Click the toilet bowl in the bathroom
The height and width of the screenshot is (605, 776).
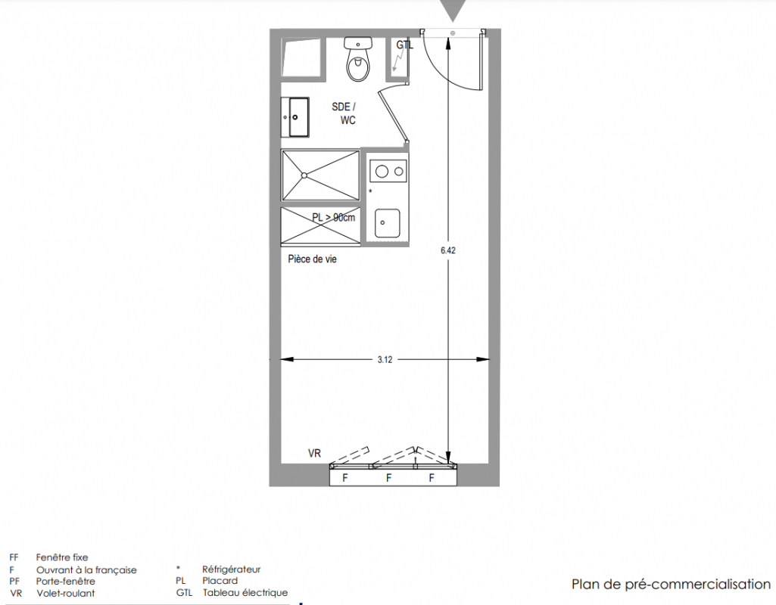358,68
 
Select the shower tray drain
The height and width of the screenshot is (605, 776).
304,175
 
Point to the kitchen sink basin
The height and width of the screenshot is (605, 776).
387,223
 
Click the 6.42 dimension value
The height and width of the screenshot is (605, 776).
448,250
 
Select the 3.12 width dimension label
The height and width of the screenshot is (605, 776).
385,360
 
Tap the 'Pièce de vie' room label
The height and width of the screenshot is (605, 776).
312,259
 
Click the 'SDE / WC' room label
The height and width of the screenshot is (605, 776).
344,113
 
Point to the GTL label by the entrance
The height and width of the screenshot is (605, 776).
404,45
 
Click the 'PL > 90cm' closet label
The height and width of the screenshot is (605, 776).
334,217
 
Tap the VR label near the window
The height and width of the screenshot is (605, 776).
314,453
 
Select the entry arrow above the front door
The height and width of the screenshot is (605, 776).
453,10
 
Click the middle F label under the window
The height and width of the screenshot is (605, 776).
389,478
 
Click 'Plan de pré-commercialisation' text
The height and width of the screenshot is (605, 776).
671,585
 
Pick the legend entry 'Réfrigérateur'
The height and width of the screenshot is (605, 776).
231,569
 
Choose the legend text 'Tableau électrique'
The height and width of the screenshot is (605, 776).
245,592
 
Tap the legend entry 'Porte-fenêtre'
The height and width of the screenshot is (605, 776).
65,582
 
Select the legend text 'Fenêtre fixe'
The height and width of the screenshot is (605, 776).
62,557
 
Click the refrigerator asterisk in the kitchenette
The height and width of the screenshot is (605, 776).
371,191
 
